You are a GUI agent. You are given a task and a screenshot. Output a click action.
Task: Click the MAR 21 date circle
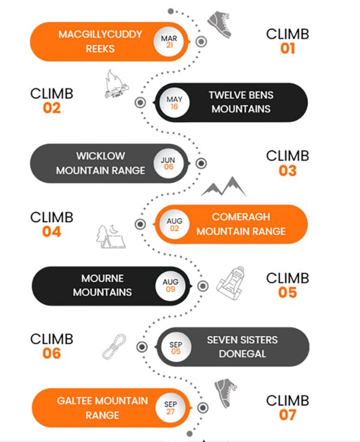pyautogui.click(x=168, y=42)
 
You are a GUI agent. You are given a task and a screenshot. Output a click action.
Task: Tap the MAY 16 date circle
pyautogui.click(x=174, y=102)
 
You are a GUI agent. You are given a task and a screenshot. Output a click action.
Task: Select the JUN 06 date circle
pyautogui.click(x=168, y=164)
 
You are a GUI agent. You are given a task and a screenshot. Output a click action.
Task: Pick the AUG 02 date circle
pyautogui.click(x=174, y=225)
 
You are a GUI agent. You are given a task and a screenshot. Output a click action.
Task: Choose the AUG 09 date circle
pyautogui.click(x=170, y=286)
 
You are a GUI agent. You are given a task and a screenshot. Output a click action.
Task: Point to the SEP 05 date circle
pyautogui.click(x=176, y=347)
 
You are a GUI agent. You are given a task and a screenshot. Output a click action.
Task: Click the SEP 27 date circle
pyautogui.click(x=170, y=408)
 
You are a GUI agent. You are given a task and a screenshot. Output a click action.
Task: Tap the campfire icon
pyautogui.click(x=116, y=84)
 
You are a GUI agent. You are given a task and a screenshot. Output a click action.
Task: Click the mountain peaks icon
pyautogui.click(x=223, y=187)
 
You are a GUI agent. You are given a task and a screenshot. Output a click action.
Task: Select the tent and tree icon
pyautogui.click(x=110, y=237)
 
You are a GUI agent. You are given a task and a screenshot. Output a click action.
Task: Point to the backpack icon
pyautogui.click(x=231, y=283)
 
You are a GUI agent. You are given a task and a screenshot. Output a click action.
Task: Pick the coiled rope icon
pyautogui.click(x=114, y=347)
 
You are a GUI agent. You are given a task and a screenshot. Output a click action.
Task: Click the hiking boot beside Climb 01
pyautogui.click(x=220, y=24)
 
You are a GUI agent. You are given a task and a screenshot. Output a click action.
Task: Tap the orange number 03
pyautogui.click(x=288, y=171)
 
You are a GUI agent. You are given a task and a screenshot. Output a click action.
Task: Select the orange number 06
pyautogui.click(x=52, y=353)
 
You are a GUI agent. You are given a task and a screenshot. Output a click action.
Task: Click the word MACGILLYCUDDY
pyautogui.click(x=101, y=34)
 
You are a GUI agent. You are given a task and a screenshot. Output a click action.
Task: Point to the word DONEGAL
pyautogui.click(x=243, y=354)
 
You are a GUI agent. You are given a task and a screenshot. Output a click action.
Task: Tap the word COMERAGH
pyautogui.click(x=241, y=217)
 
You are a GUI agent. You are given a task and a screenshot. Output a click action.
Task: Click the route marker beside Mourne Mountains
pyautogui.click(x=202, y=286)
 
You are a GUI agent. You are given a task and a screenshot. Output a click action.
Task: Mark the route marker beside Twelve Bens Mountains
pyautogui.click(x=140, y=102)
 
